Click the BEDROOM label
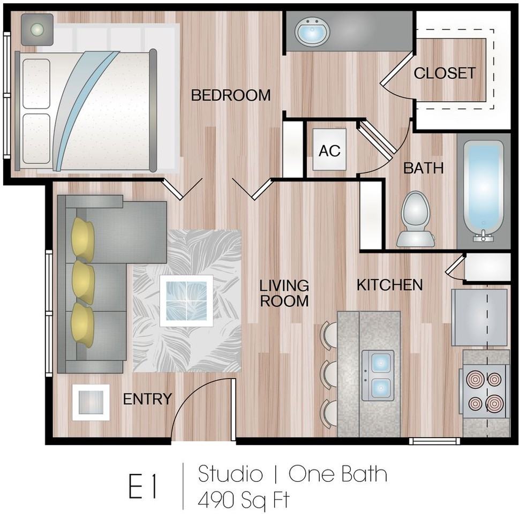pos(231,95)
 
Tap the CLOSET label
pos(445,73)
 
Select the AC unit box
pos(329,149)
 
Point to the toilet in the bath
pos(416,219)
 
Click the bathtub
pos(483,190)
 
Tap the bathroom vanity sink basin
pos(312,32)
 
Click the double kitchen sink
pos(378,375)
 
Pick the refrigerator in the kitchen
pos(479,318)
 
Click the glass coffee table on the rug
pos(186,301)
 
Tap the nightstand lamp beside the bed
pos(37,29)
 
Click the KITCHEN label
pos(389,285)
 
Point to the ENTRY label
pos(147,399)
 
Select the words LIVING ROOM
pos(284,293)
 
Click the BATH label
pos(423,168)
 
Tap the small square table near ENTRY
pos(91,403)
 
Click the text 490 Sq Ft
pos(244,500)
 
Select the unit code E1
pos(142,486)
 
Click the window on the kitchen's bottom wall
pos(434,441)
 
